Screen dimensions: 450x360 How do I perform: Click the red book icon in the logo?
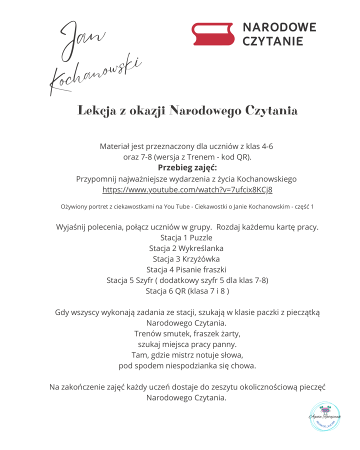213,34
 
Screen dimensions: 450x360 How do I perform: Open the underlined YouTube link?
187,190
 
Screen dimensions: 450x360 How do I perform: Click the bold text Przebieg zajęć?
187,167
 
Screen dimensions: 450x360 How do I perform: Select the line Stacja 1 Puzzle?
186,237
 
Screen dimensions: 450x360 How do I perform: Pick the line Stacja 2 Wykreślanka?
186,248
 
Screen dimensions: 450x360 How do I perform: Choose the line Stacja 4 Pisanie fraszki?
186,269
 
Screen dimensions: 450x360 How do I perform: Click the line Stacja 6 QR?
187,291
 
